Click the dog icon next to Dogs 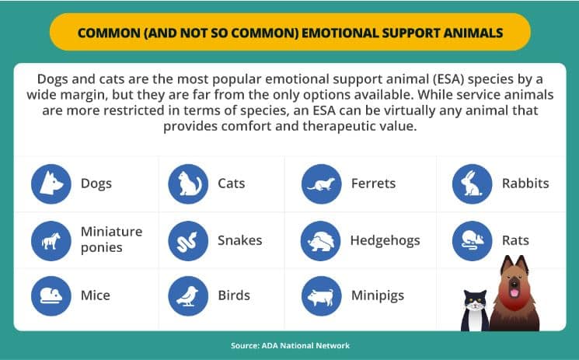point(51,183)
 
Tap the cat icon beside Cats point(188,183)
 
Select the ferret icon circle point(322,183)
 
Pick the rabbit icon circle point(473,183)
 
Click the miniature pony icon point(51,240)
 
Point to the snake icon point(188,240)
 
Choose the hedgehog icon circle point(320,240)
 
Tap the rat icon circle point(473,240)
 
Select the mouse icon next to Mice point(51,295)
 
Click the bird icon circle point(188,295)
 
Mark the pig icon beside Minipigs point(322,295)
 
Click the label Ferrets point(373,183)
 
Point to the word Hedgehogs point(385,240)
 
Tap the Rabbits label point(525,183)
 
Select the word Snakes point(240,240)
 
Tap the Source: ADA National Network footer point(290,345)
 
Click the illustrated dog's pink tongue point(514,293)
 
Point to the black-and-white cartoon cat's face point(475,302)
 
